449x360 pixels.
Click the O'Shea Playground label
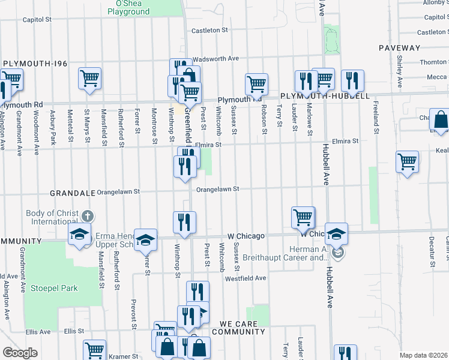click(128, 7)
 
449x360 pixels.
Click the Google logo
click(20, 353)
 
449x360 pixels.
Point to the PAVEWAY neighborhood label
click(399, 47)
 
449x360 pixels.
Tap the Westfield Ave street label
click(245, 278)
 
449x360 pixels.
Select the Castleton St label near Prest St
click(209, 30)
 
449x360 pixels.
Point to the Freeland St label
click(376, 118)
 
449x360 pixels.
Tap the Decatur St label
click(432, 251)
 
